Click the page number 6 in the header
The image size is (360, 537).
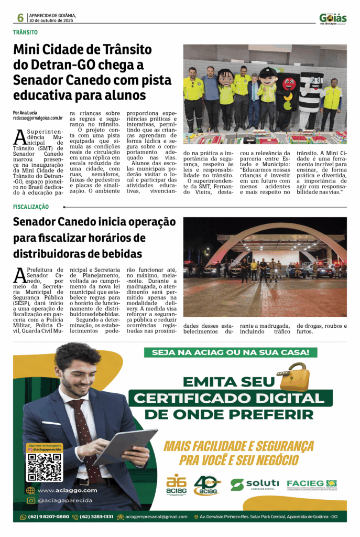[20, 18]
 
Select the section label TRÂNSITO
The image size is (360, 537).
[25, 33]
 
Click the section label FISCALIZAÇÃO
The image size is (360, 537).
[31, 207]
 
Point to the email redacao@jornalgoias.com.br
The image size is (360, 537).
[38, 119]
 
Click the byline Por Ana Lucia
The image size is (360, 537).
[25, 113]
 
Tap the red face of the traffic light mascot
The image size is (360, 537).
[289, 83]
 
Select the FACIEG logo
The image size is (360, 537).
[311, 484]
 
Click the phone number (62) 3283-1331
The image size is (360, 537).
[96, 517]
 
